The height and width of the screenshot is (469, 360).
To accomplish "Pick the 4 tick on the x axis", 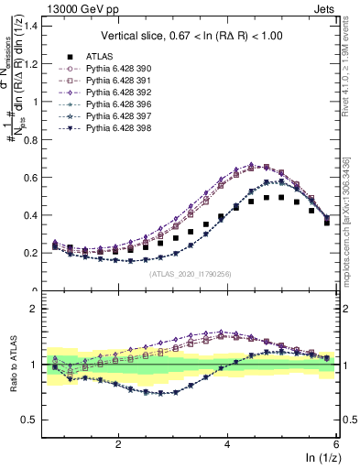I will (227, 443).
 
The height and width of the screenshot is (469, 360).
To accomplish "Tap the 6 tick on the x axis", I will (336, 443).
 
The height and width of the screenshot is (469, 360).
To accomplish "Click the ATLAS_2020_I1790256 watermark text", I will (190, 272).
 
